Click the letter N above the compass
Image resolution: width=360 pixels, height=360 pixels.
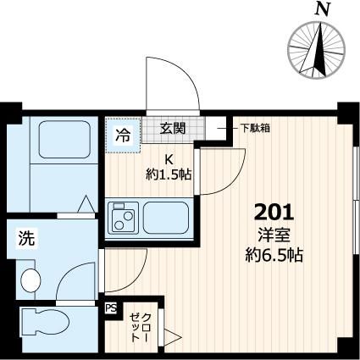coord(321,9)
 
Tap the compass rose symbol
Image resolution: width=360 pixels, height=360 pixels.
coord(319,47)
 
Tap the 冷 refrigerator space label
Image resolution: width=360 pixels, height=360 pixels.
coord(123,134)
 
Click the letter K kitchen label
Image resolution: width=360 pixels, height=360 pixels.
coord(169,158)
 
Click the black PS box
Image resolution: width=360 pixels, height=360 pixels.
coord(109,310)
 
